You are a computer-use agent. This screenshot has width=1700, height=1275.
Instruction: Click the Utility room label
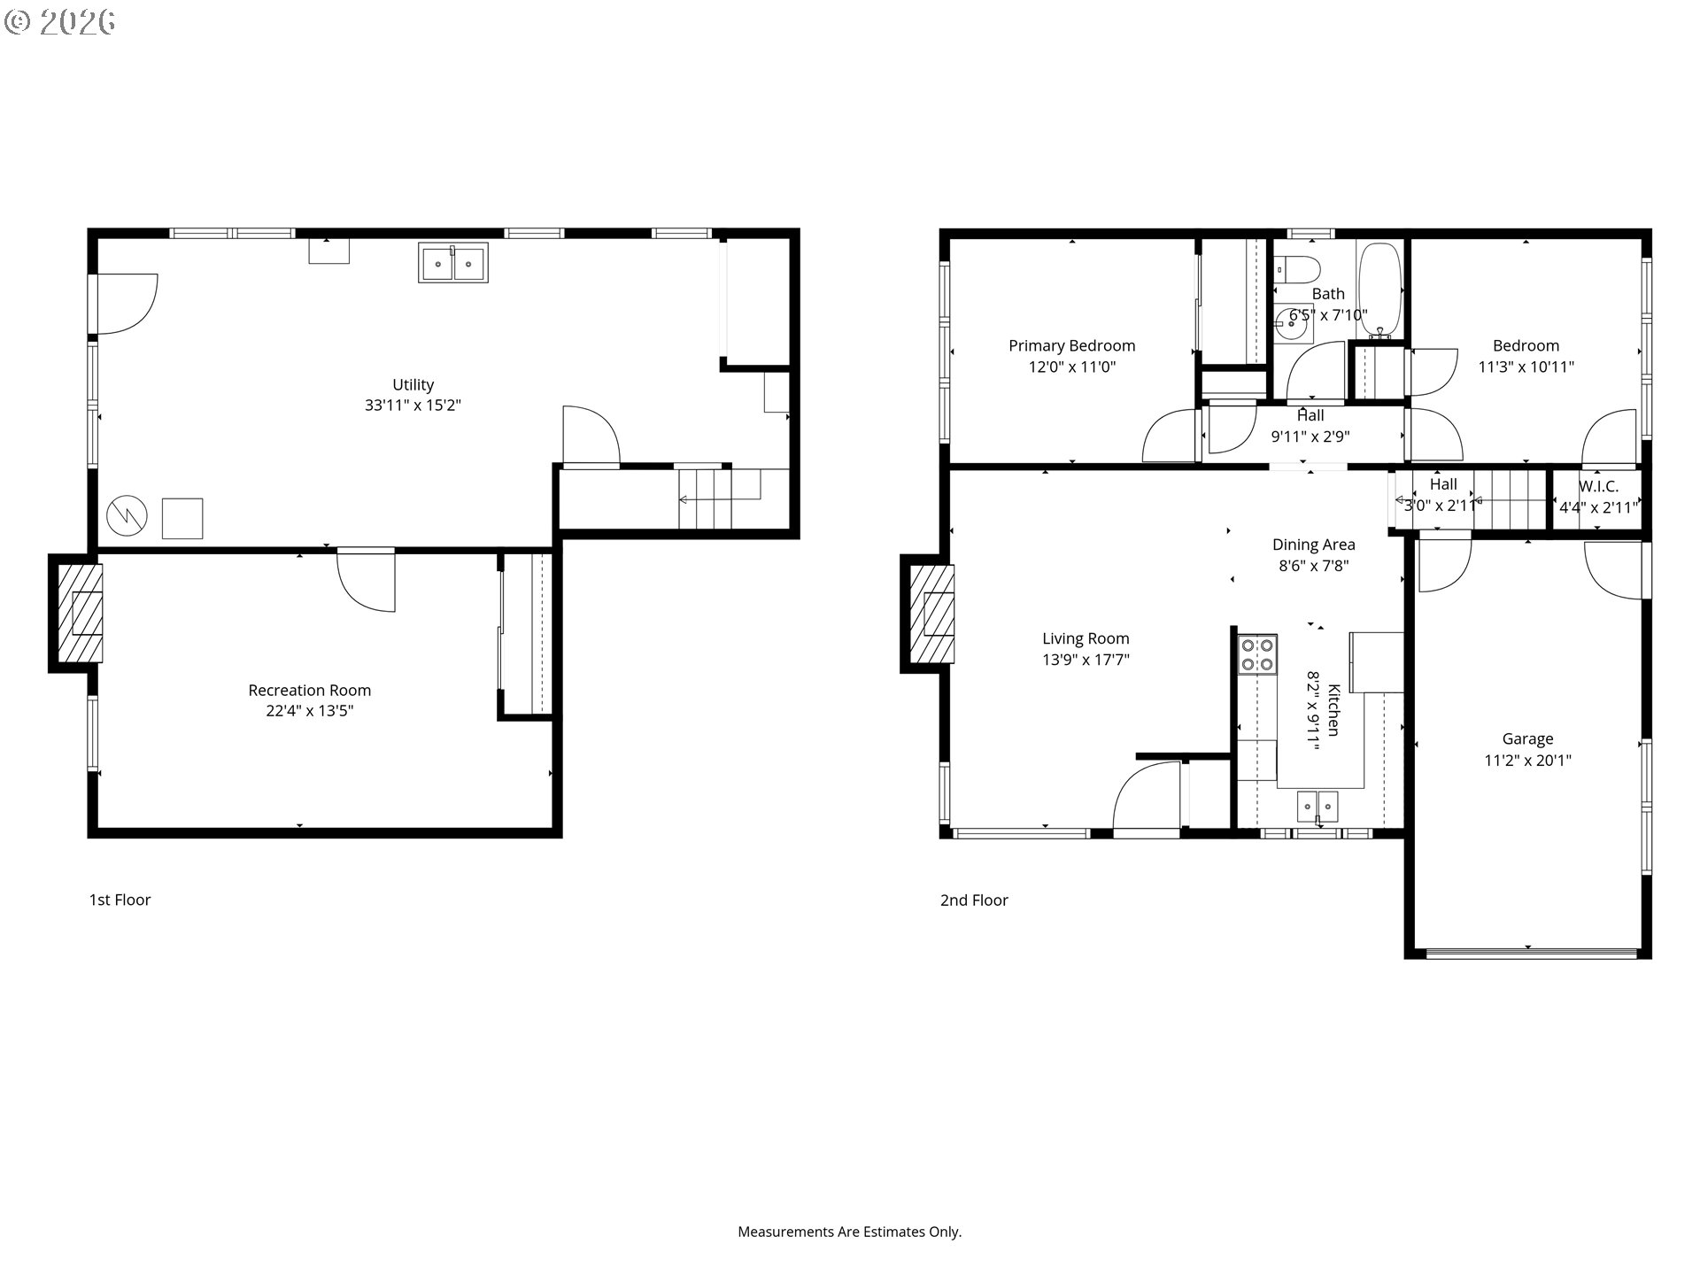click(413, 384)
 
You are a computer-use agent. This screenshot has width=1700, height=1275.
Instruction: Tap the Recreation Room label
click(309, 690)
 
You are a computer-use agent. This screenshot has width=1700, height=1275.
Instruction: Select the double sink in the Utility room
click(452, 264)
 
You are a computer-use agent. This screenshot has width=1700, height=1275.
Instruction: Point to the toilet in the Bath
click(1297, 268)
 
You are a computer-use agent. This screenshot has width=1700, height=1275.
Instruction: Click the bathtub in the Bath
click(1379, 291)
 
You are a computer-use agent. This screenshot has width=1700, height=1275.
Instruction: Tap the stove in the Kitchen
click(1257, 655)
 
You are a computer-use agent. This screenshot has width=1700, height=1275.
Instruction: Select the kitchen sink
click(1317, 807)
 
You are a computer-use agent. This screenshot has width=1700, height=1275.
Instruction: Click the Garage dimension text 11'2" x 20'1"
click(1527, 760)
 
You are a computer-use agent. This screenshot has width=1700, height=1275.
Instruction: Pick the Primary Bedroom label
click(1071, 345)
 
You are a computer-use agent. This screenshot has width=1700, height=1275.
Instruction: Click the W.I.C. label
click(1598, 486)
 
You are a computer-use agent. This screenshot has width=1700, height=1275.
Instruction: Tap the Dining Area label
click(1313, 545)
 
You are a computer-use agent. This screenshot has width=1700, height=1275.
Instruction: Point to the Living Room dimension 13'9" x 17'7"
click(1086, 659)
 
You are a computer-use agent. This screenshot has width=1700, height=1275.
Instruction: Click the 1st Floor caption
click(120, 900)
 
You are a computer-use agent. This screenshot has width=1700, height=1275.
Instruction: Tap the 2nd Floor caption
click(974, 900)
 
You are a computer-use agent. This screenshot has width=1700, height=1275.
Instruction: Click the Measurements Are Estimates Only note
click(849, 1232)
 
